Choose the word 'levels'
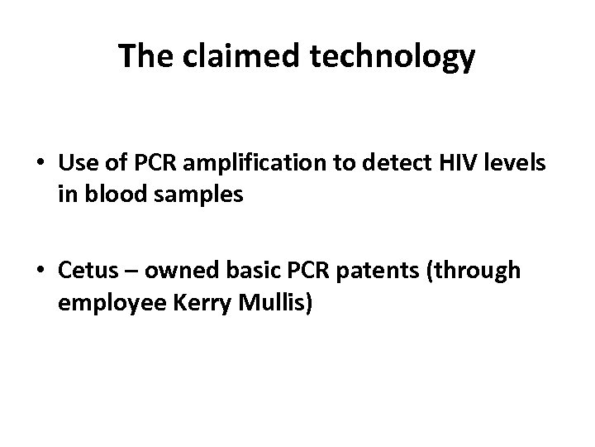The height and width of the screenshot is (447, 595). point(519,163)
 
